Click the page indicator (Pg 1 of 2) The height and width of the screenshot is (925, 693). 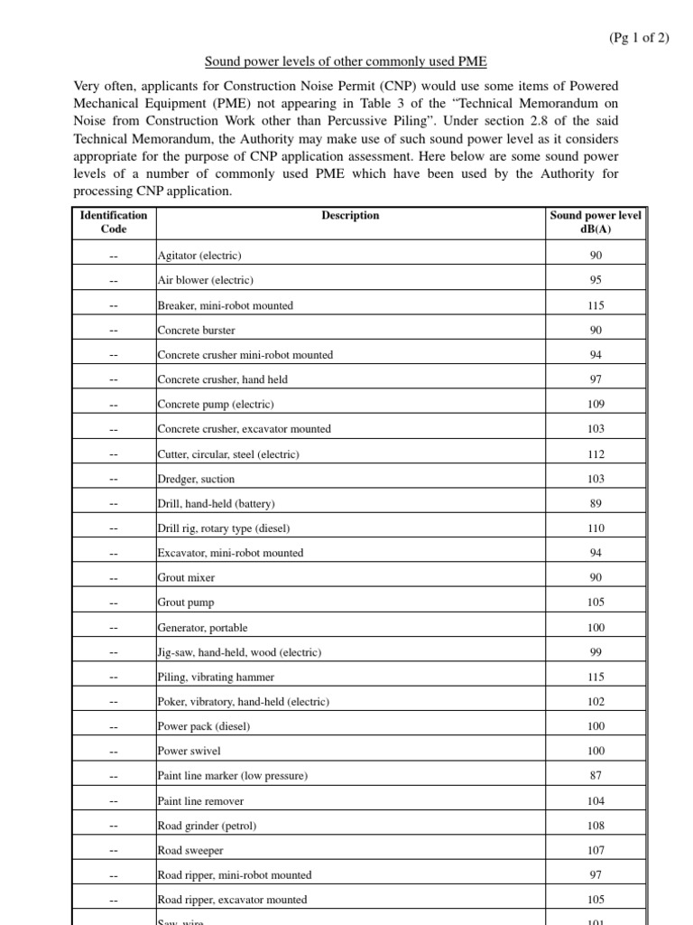click(639, 37)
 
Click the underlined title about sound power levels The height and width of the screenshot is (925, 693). click(346, 62)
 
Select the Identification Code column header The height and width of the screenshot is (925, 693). click(113, 222)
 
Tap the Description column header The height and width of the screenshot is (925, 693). click(350, 216)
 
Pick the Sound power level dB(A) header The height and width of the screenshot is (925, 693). click(596, 222)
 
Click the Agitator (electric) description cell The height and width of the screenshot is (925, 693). click(199, 256)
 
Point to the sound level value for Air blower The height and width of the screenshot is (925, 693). click(596, 280)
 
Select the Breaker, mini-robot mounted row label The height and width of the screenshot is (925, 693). click(226, 305)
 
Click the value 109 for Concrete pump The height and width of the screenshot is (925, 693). click(596, 404)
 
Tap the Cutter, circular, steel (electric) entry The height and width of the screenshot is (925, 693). click(228, 454)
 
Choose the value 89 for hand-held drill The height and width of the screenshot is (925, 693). click(596, 503)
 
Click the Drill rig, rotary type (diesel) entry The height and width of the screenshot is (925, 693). click(224, 528)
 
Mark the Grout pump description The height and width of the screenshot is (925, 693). click(186, 603)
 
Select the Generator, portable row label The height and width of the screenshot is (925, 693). click(202, 628)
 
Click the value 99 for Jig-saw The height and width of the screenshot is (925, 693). click(596, 652)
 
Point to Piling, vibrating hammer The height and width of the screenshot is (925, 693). click(216, 677)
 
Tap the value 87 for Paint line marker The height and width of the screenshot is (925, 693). click(596, 775)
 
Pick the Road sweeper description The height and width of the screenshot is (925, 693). click(190, 850)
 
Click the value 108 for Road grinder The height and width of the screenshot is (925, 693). click(596, 826)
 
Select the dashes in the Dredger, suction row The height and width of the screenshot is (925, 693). click(113, 479)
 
